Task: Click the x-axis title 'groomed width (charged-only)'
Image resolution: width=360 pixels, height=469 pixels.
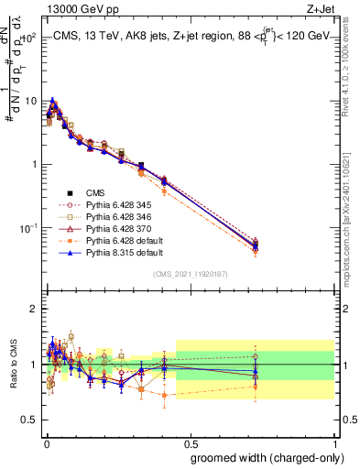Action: click(261, 456)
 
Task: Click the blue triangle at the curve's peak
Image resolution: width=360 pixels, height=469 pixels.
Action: click(53, 101)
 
